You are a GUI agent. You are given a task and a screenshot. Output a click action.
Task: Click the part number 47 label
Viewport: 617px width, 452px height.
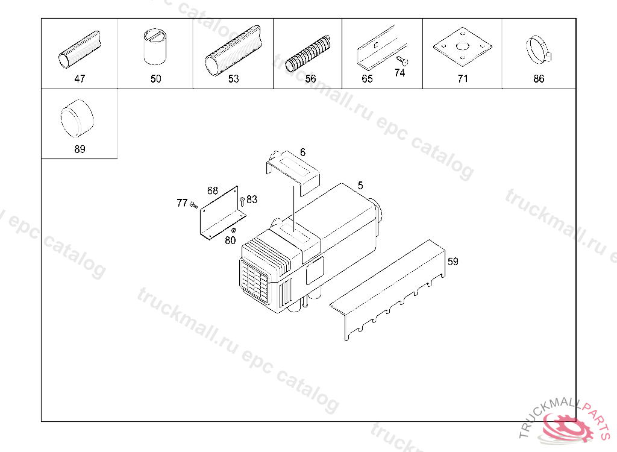80,79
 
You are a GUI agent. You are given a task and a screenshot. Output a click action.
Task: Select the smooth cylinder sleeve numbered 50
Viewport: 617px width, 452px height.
155,46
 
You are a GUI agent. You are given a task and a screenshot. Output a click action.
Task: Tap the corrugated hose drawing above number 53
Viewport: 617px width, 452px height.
233,51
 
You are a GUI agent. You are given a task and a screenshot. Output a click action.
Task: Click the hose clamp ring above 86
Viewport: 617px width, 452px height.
538,49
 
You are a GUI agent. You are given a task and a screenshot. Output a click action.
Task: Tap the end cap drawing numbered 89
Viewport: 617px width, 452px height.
77,118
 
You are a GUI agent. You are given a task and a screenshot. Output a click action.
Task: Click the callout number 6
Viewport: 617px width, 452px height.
302,152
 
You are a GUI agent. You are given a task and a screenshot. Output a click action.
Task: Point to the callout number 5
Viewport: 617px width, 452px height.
360,186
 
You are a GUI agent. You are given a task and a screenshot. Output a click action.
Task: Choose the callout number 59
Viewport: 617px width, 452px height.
453,262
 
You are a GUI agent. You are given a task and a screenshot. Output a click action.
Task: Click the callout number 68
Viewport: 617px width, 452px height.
213,191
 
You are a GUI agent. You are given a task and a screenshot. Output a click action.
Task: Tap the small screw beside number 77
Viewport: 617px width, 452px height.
193,204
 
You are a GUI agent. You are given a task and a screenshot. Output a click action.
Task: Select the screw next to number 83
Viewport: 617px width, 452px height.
242,201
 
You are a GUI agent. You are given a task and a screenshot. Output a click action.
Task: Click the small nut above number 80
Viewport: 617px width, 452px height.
233,230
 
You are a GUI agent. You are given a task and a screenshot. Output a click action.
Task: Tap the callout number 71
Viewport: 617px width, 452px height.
463,79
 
